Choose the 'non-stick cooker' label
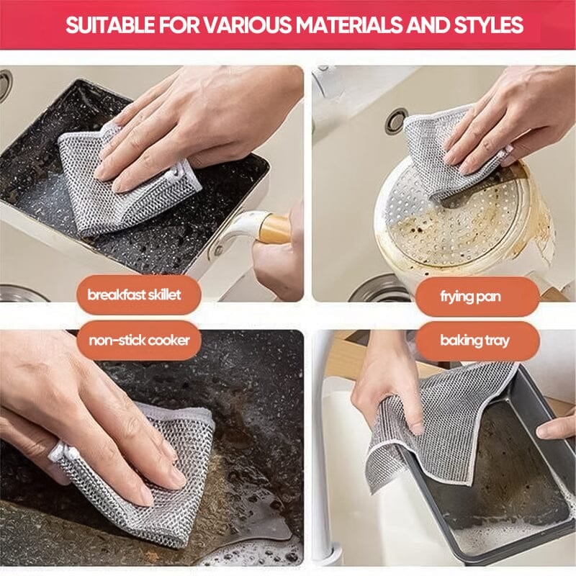point(139,340)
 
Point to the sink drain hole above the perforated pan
point(396,120)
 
